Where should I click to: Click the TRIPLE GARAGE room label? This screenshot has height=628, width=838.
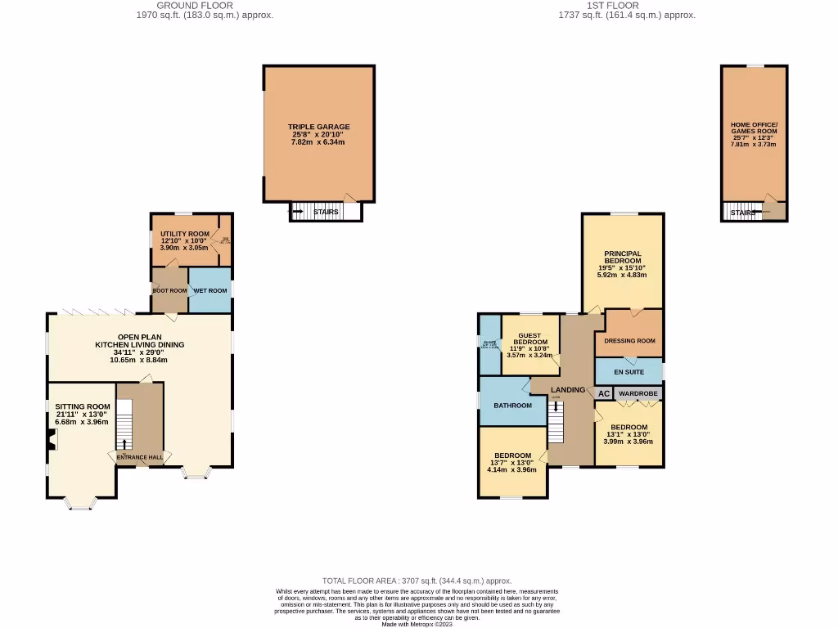tap(318, 127)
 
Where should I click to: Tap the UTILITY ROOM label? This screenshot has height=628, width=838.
tap(178, 234)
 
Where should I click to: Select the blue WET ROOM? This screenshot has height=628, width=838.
tap(210, 290)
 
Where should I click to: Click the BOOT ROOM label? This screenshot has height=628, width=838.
tap(169, 290)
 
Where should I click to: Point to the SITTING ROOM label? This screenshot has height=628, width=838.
tap(82, 406)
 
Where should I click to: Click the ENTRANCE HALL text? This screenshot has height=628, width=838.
tap(138, 457)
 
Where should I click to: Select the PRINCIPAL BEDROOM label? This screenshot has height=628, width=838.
tap(622, 258)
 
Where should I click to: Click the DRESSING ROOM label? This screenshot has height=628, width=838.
tap(628, 341)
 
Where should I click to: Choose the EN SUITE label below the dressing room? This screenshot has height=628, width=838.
tap(628, 372)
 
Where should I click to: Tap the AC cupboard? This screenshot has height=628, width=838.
tap(603, 393)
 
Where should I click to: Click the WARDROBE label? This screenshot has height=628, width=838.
tap(638, 393)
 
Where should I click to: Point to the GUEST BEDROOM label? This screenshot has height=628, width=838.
tap(529, 338)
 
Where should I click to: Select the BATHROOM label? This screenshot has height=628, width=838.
tap(512, 405)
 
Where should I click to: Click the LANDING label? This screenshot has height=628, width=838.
tap(568, 390)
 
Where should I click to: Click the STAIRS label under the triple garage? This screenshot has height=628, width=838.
tap(326, 213)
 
